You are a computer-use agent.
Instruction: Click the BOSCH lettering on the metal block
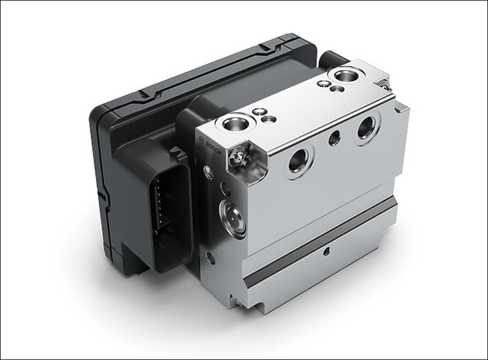214,148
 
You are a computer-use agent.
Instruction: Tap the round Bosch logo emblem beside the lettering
202,139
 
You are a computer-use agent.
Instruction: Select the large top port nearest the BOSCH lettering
235,123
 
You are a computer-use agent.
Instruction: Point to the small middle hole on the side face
335,138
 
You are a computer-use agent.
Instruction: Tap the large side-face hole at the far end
368,127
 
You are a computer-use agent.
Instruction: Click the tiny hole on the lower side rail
326,251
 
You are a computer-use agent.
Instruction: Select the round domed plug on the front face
233,219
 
